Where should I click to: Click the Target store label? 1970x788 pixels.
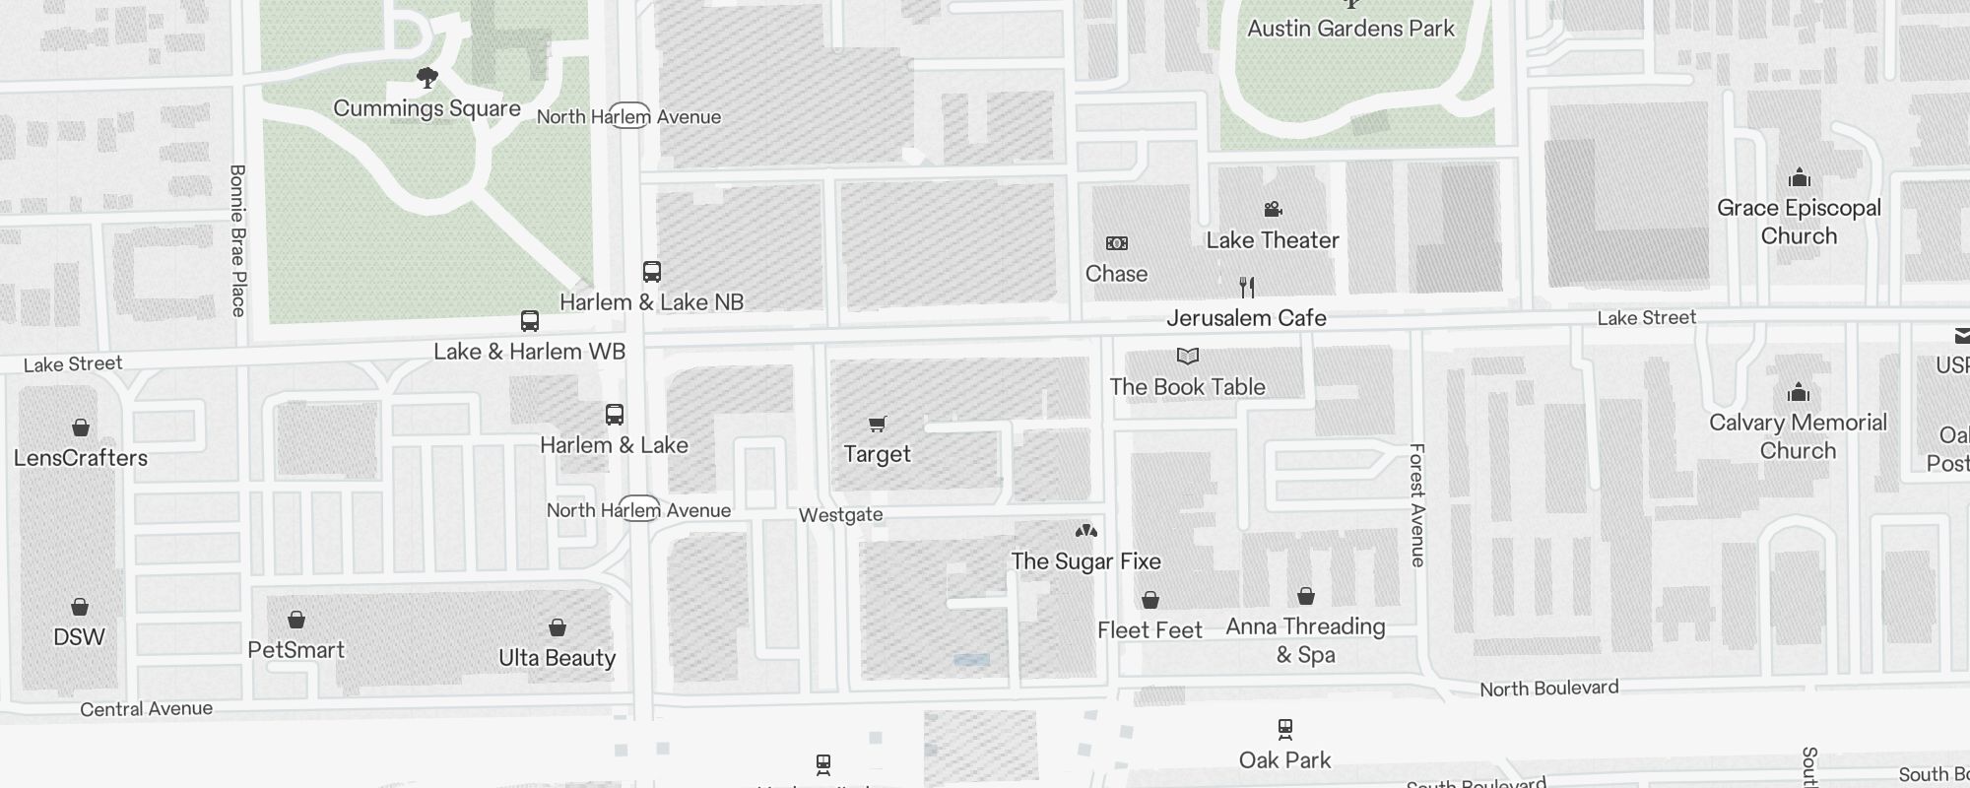pyautogui.click(x=877, y=454)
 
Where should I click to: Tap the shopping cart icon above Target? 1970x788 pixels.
pyautogui.click(x=877, y=425)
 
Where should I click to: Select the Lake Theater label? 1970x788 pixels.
pyautogui.click(x=1273, y=240)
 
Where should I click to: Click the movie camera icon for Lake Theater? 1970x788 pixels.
pyautogui.click(x=1273, y=209)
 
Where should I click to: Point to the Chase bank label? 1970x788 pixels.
pyautogui.click(x=1116, y=274)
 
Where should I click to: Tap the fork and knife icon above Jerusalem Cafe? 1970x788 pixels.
pyautogui.click(x=1247, y=288)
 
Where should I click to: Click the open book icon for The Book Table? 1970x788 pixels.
pyautogui.click(x=1188, y=357)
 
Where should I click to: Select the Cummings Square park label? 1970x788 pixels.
pyautogui.click(x=427, y=108)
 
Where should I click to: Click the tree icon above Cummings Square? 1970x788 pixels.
pyautogui.click(x=427, y=78)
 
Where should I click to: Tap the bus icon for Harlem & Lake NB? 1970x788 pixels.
pyautogui.click(x=652, y=272)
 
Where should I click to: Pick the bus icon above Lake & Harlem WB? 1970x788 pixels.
pyautogui.click(x=530, y=321)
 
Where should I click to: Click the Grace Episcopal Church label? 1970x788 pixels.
pyautogui.click(x=1799, y=222)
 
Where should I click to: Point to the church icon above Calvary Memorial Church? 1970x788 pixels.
pyautogui.click(x=1799, y=393)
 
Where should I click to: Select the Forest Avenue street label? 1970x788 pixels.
pyautogui.click(x=1417, y=504)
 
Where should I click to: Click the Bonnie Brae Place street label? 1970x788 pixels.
pyautogui.click(x=237, y=240)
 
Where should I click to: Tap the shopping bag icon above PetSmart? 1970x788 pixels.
pyautogui.click(x=296, y=620)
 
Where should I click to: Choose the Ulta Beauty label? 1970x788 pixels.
pyautogui.click(x=558, y=658)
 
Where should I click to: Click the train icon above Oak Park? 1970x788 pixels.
pyautogui.click(x=1285, y=730)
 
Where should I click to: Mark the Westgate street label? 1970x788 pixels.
pyautogui.click(x=840, y=515)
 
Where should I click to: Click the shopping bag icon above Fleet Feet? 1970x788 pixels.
pyautogui.click(x=1150, y=600)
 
